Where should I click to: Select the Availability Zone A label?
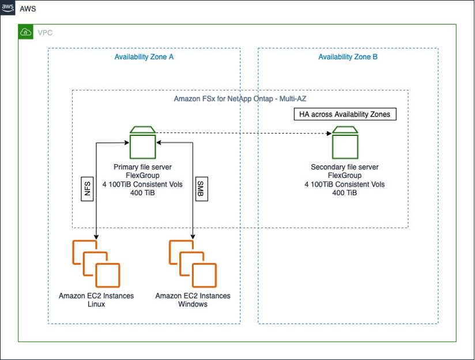[144, 57]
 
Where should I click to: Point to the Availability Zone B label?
[348, 57]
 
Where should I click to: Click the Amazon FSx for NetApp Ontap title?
[240, 99]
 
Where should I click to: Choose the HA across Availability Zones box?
[345, 114]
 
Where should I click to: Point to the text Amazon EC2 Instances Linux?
[96, 300]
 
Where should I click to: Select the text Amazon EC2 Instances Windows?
[193, 300]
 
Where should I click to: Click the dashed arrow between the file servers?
[242, 133]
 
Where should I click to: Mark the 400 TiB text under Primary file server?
[142, 193]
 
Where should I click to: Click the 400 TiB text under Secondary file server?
[344, 193]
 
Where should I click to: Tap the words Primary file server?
[142, 167]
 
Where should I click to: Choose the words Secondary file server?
[344, 167]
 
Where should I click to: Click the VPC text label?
[45, 33]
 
